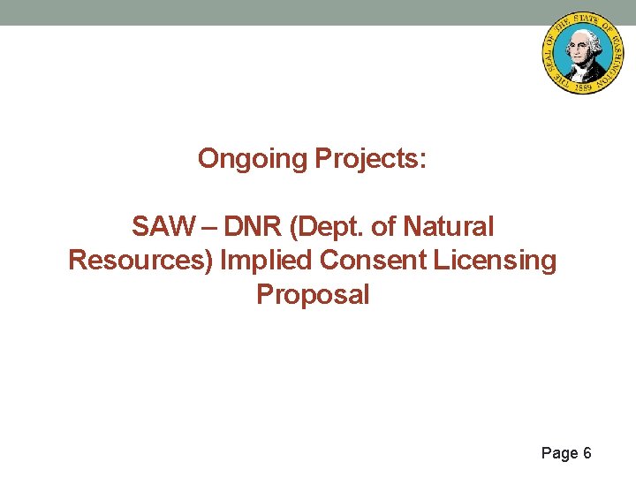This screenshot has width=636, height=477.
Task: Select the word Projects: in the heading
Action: pos(370,159)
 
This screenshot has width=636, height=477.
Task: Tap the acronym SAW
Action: pos(161,227)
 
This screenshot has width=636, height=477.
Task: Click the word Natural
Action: pos(448,227)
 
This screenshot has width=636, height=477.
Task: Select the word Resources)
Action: pos(141,261)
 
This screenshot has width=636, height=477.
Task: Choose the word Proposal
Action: pos(313,294)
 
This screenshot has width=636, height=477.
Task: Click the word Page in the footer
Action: pos(559,453)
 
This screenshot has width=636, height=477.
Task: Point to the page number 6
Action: pos(587,453)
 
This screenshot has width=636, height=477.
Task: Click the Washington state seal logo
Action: pos(582,53)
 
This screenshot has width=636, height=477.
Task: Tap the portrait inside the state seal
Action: pos(582,50)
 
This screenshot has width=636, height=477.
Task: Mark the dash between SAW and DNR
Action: pos(211,227)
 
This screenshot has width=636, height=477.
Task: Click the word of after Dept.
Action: pos(383,227)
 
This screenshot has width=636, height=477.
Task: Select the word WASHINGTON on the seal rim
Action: pos(610,53)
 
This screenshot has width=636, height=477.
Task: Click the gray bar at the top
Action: pos(265,11)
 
